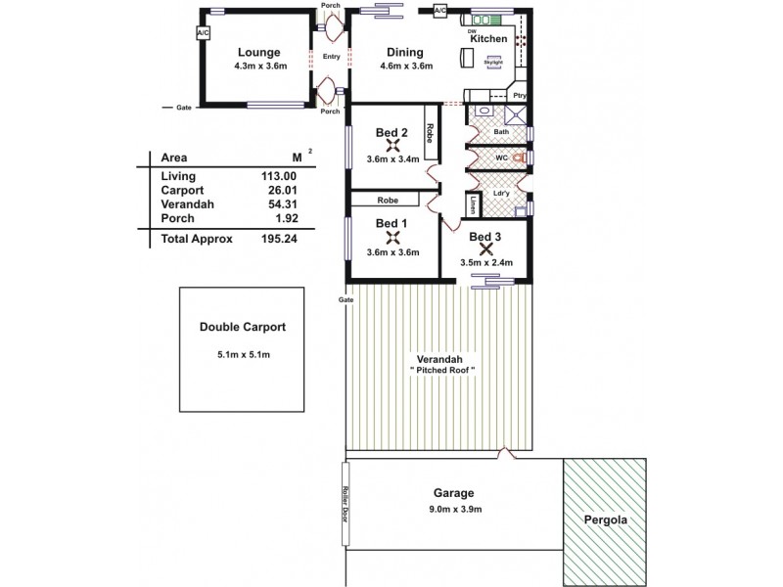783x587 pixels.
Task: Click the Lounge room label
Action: point(258,52)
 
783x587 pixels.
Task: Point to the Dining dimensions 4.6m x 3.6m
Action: point(406,67)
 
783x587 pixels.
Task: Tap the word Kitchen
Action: point(488,39)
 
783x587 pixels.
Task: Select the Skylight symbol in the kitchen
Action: point(491,61)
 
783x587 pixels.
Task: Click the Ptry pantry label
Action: point(520,96)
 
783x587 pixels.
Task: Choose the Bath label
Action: point(501,131)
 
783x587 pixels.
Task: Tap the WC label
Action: point(500,158)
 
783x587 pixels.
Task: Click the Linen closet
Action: point(474,204)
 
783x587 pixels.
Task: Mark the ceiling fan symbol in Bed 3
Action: point(484,249)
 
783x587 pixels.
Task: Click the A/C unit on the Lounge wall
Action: point(204,33)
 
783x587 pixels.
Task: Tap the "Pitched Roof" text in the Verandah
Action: point(442,370)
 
